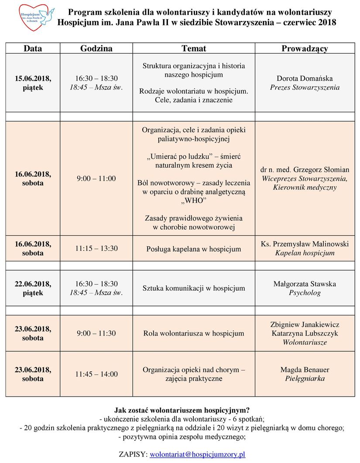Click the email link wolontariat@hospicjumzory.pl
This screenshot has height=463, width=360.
[x=197, y=454]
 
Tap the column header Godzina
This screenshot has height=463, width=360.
[x=96, y=48]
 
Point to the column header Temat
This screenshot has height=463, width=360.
[x=194, y=48]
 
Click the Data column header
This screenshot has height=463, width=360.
[x=33, y=48]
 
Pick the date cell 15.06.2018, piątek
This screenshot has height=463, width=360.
[x=33, y=83]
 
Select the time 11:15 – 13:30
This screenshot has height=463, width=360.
[x=96, y=249]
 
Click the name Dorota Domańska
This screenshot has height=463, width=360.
[x=305, y=79]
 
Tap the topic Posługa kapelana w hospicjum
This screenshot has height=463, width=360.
[x=194, y=249]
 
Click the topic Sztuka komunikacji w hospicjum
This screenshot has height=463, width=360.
[x=194, y=288]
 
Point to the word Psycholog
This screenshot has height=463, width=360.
[x=305, y=293]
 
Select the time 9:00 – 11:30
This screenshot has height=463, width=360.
[x=96, y=333]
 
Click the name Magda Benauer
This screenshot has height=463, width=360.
[x=305, y=370]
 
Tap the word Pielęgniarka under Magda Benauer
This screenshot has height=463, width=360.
[x=305, y=379]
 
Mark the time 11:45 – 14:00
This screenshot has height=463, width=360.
[x=96, y=374]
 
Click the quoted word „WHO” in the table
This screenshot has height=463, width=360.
[x=194, y=201]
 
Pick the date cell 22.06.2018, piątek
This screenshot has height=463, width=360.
[x=33, y=288]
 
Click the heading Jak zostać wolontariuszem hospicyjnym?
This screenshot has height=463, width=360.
[x=182, y=410]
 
